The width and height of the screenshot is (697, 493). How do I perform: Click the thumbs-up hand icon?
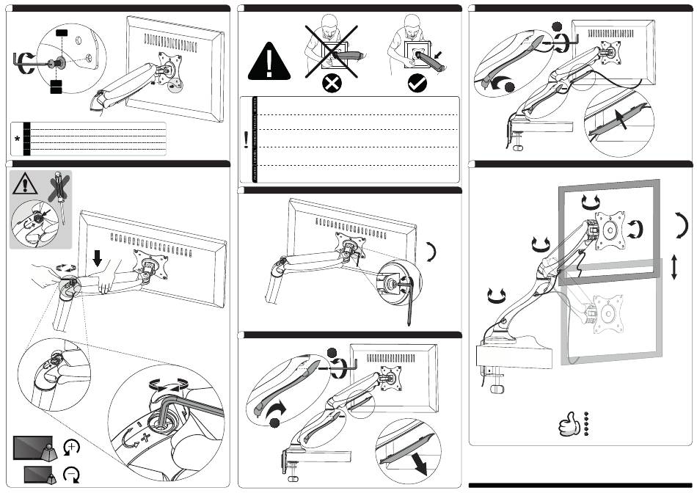569,424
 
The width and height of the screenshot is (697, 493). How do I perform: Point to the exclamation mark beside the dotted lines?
245,139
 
